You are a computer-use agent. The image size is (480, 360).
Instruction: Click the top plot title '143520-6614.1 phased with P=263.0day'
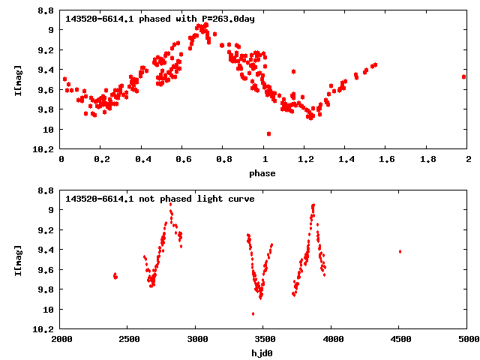(160, 19)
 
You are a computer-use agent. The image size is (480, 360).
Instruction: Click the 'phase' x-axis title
(263, 174)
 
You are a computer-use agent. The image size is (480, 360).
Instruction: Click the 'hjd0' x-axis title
(263, 353)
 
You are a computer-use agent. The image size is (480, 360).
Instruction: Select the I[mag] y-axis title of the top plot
(18, 79)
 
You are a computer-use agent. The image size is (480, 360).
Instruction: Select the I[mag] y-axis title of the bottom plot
(18, 259)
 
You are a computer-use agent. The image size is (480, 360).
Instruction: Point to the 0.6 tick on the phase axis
(182, 159)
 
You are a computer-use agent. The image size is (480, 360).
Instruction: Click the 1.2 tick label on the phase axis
(304, 159)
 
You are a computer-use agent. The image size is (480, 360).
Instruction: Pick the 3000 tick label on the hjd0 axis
(196, 339)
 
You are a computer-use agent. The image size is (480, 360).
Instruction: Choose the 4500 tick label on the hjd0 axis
(400, 339)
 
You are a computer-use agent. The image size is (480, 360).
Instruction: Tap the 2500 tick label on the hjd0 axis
(128, 339)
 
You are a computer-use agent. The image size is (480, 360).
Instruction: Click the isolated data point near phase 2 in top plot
(463, 76)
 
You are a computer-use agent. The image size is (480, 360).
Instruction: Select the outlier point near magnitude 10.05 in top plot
(268, 133)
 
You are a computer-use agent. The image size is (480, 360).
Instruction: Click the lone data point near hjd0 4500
(400, 251)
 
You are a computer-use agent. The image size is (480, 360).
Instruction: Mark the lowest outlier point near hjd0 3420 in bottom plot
(253, 313)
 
